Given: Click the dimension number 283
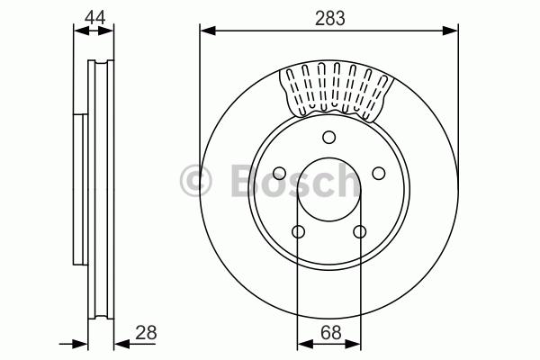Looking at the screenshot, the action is [x=330, y=18].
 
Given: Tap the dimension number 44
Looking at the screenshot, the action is [x=94, y=17].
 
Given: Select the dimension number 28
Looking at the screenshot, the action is [x=146, y=333].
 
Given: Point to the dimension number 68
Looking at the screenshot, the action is [x=330, y=333].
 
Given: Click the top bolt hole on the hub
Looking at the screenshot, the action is [x=328, y=137].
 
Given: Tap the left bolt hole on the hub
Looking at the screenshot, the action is [x=279, y=173].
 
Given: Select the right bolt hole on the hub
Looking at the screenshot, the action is [x=379, y=173].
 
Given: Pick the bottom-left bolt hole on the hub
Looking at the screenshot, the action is [x=298, y=231].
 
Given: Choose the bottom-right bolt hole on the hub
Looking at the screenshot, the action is [x=359, y=231].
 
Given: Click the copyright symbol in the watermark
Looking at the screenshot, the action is [x=196, y=181].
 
